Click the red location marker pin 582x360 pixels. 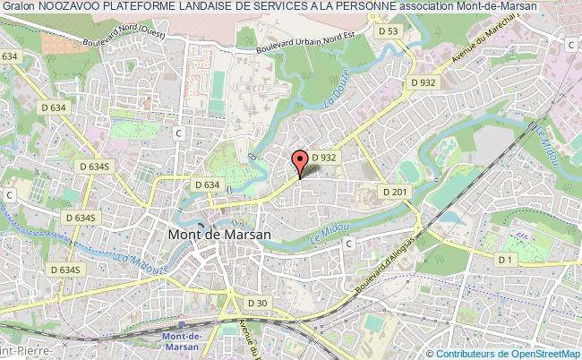pyautogui.click(x=301, y=160)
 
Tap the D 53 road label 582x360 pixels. pyautogui.click(x=388, y=31)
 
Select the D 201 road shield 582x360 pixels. pyautogui.click(x=394, y=192)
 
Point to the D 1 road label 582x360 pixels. pyautogui.click(x=507, y=260)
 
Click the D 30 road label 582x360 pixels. pyautogui.click(x=258, y=302)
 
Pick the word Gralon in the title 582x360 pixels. pyautogui.click(x=19, y=6)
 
